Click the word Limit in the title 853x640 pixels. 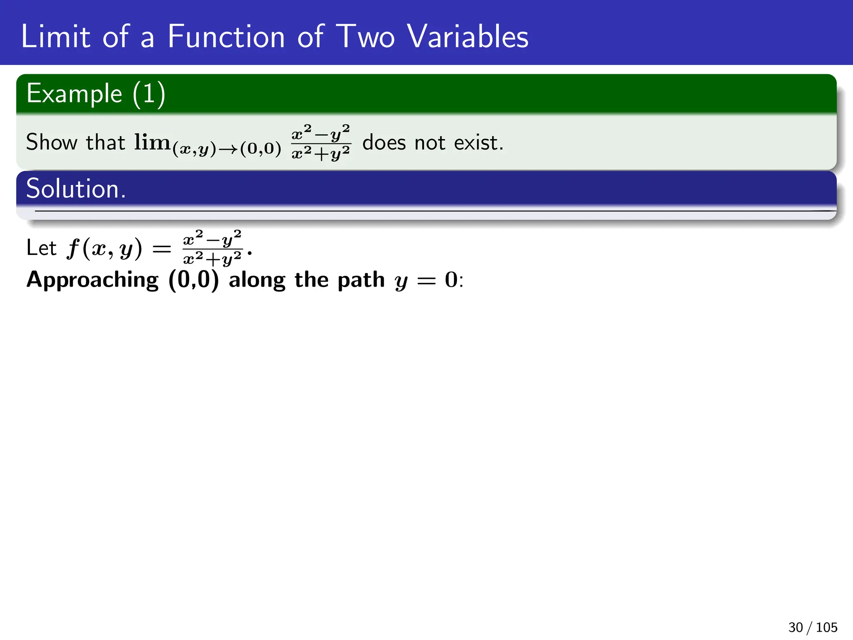point(55,37)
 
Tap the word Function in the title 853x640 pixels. point(226,37)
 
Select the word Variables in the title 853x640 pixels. point(467,37)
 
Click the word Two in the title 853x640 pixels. point(365,37)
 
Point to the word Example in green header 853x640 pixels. point(74,94)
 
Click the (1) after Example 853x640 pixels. point(149,94)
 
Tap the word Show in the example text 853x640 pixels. point(52,142)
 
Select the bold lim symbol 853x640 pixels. point(152,142)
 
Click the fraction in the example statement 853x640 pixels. point(321,142)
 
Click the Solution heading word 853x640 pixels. point(75,189)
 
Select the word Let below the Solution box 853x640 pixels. point(41,248)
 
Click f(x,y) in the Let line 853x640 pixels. point(104,249)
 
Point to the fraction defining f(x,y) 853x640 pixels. point(212,248)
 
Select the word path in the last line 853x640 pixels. point(361,280)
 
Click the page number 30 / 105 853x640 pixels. point(812,627)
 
